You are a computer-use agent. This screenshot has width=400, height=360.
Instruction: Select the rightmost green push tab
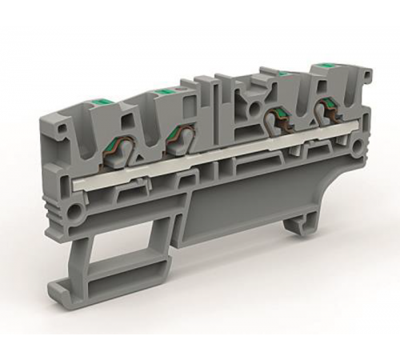coord(325,63)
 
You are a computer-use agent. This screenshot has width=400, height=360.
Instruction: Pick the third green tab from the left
coord(282,73)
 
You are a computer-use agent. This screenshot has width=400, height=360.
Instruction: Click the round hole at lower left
coord(76,214)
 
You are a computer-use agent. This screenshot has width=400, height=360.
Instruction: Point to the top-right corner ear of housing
coord(364,77)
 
